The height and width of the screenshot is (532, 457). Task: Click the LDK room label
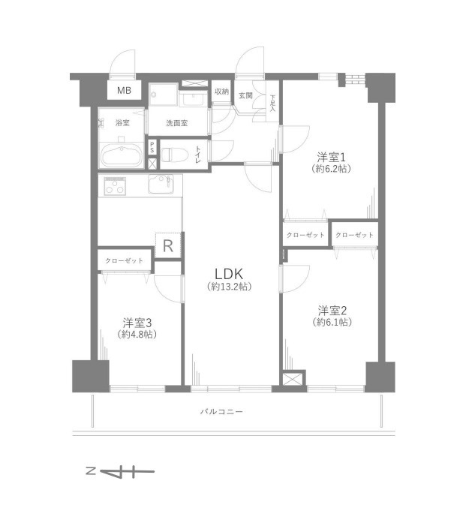pos(229,274)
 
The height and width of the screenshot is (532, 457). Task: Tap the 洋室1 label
pos(331,158)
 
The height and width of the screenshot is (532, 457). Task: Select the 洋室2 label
pos(332,311)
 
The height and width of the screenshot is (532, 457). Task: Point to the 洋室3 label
pos(137,323)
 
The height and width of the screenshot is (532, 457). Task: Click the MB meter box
pos(124,90)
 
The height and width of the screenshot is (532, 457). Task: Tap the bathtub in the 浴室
pos(122,156)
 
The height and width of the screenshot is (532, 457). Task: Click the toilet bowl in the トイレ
pos(174,155)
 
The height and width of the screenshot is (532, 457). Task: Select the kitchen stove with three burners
pos(115,186)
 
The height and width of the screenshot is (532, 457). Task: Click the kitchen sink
pos(161,185)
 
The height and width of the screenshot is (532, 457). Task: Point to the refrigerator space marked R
pos(168,245)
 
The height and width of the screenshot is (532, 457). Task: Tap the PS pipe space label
pos(152,147)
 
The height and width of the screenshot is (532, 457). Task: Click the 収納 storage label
pos(221,92)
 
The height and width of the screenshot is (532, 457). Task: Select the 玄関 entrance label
pos(245,95)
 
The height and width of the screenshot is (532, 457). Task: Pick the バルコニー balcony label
pos(221,411)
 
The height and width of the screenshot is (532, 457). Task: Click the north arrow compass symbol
pos(120,471)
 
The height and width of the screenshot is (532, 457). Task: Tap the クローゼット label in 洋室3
pos(124,260)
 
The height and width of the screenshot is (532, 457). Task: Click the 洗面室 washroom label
pos(176,123)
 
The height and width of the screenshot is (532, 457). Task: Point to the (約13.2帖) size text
pos(229,287)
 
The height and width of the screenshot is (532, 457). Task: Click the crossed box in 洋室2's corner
pos(292,379)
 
